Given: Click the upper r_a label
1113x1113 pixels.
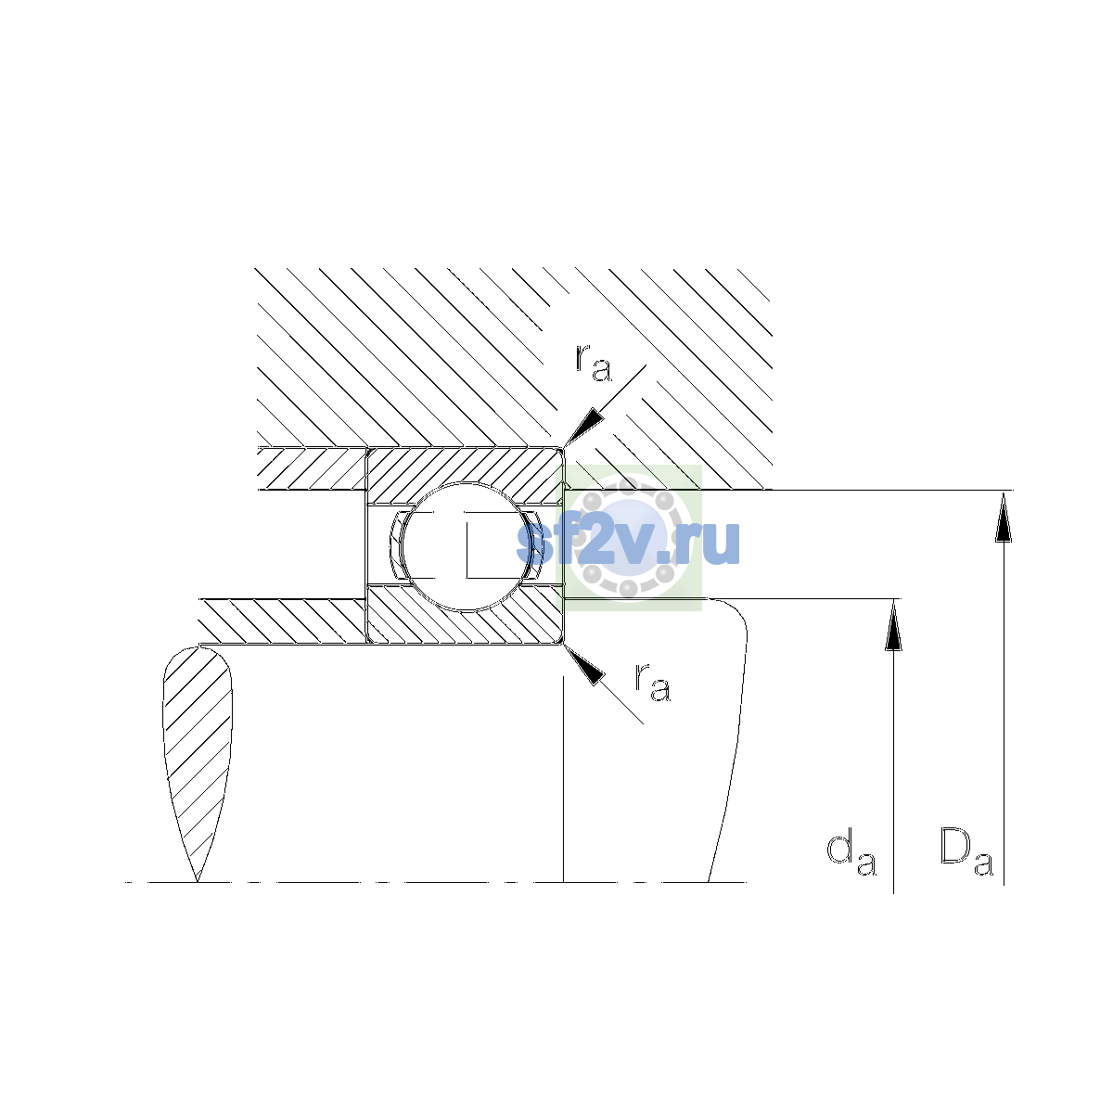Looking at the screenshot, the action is pyautogui.click(x=594, y=364).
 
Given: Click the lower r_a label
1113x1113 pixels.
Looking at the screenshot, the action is pyautogui.click(x=653, y=684).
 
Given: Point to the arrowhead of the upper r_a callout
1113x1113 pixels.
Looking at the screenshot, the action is pyautogui.click(x=583, y=427).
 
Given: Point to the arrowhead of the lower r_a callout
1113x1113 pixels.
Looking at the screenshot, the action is pyautogui.click(x=583, y=665).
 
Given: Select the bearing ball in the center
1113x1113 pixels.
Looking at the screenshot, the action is pyautogui.click(x=467, y=546).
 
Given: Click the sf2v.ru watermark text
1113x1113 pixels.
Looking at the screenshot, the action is pyautogui.click(x=629, y=542).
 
